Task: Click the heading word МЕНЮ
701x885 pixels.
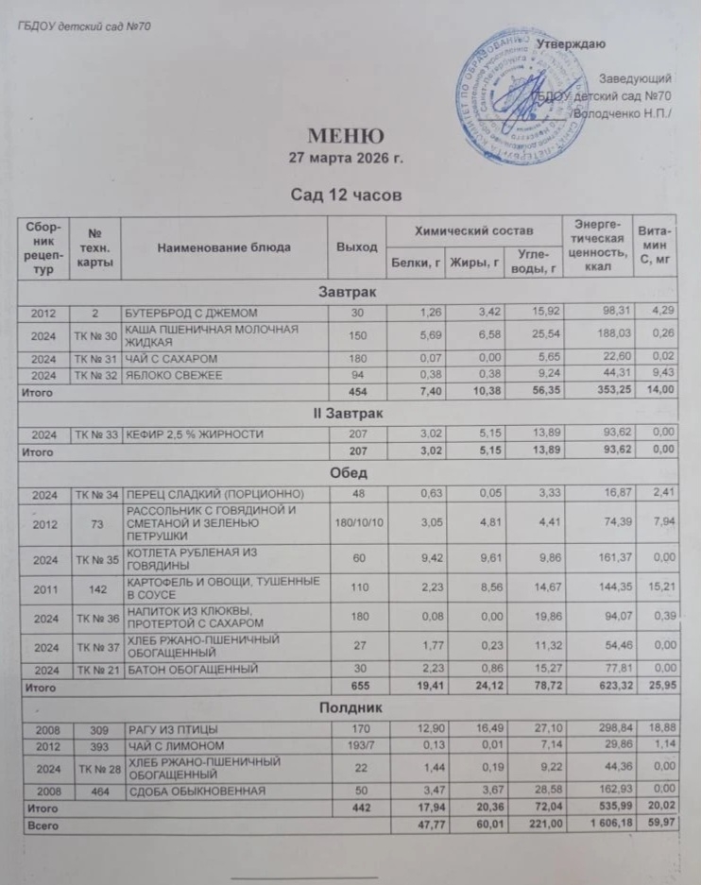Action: [345, 135]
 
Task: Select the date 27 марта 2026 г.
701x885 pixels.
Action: [345, 158]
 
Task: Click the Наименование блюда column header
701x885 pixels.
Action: [224, 247]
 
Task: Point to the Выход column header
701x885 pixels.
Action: [357, 247]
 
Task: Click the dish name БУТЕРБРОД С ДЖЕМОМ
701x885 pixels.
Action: [193, 312]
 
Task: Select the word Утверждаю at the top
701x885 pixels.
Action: [571, 44]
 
